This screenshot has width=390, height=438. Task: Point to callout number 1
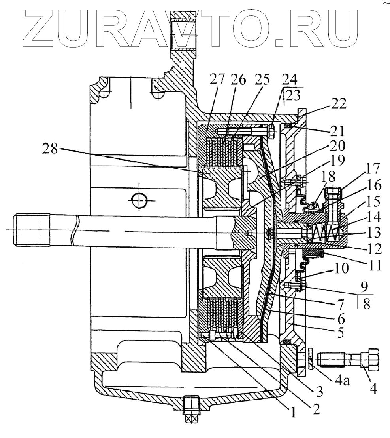click(293, 413)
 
